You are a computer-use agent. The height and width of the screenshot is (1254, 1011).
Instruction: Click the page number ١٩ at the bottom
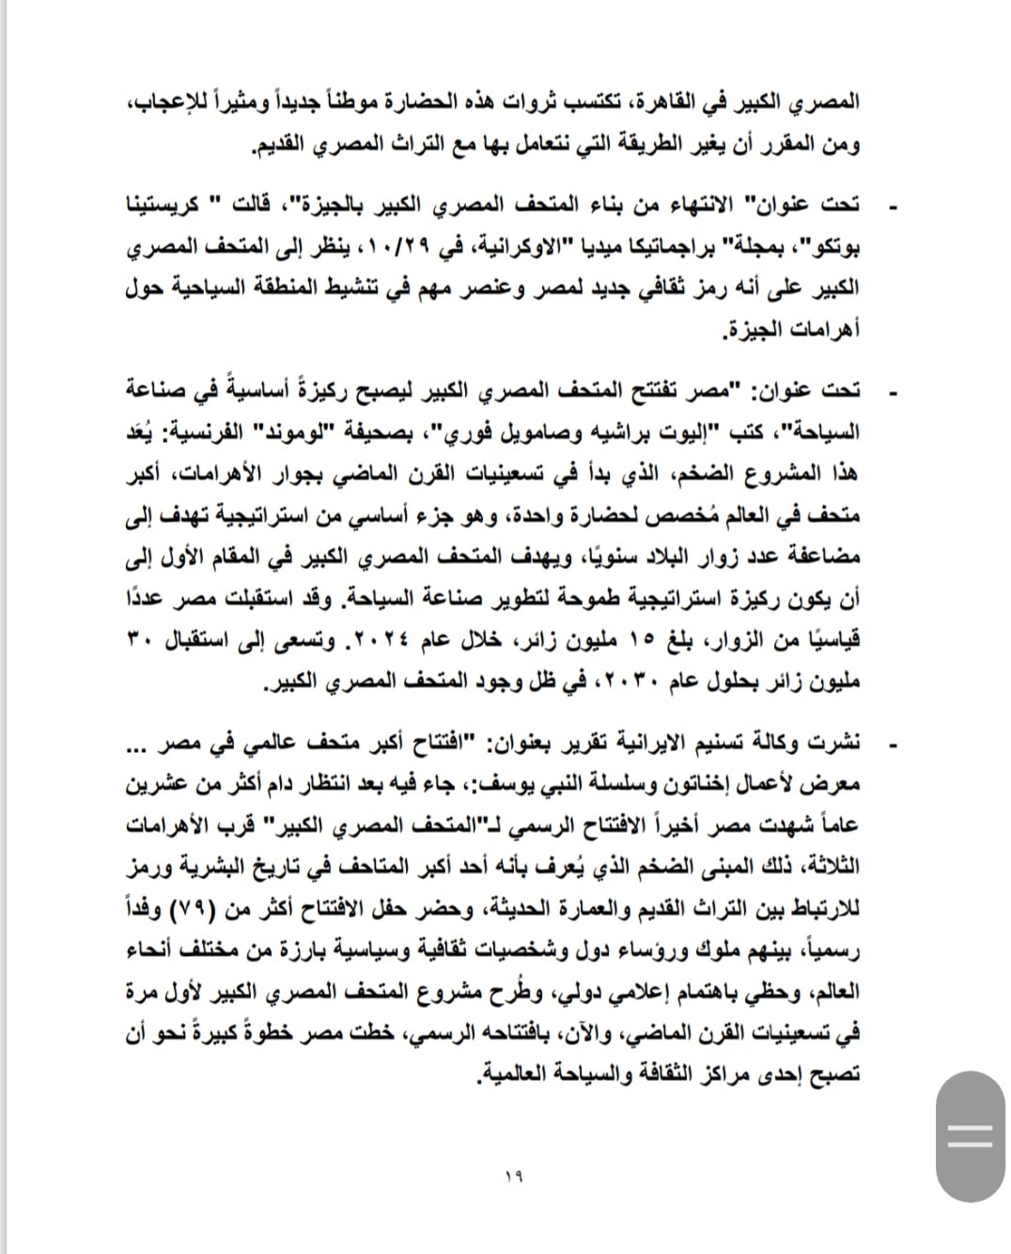(x=516, y=1175)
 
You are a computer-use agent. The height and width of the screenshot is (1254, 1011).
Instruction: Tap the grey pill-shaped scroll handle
(x=970, y=1135)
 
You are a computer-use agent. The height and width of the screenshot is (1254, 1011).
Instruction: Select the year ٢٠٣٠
(x=624, y=683)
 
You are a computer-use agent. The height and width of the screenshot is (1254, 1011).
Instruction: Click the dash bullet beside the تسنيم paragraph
(x=893, y=745)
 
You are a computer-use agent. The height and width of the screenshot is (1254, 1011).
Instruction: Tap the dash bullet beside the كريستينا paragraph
(x=893, y=205)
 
